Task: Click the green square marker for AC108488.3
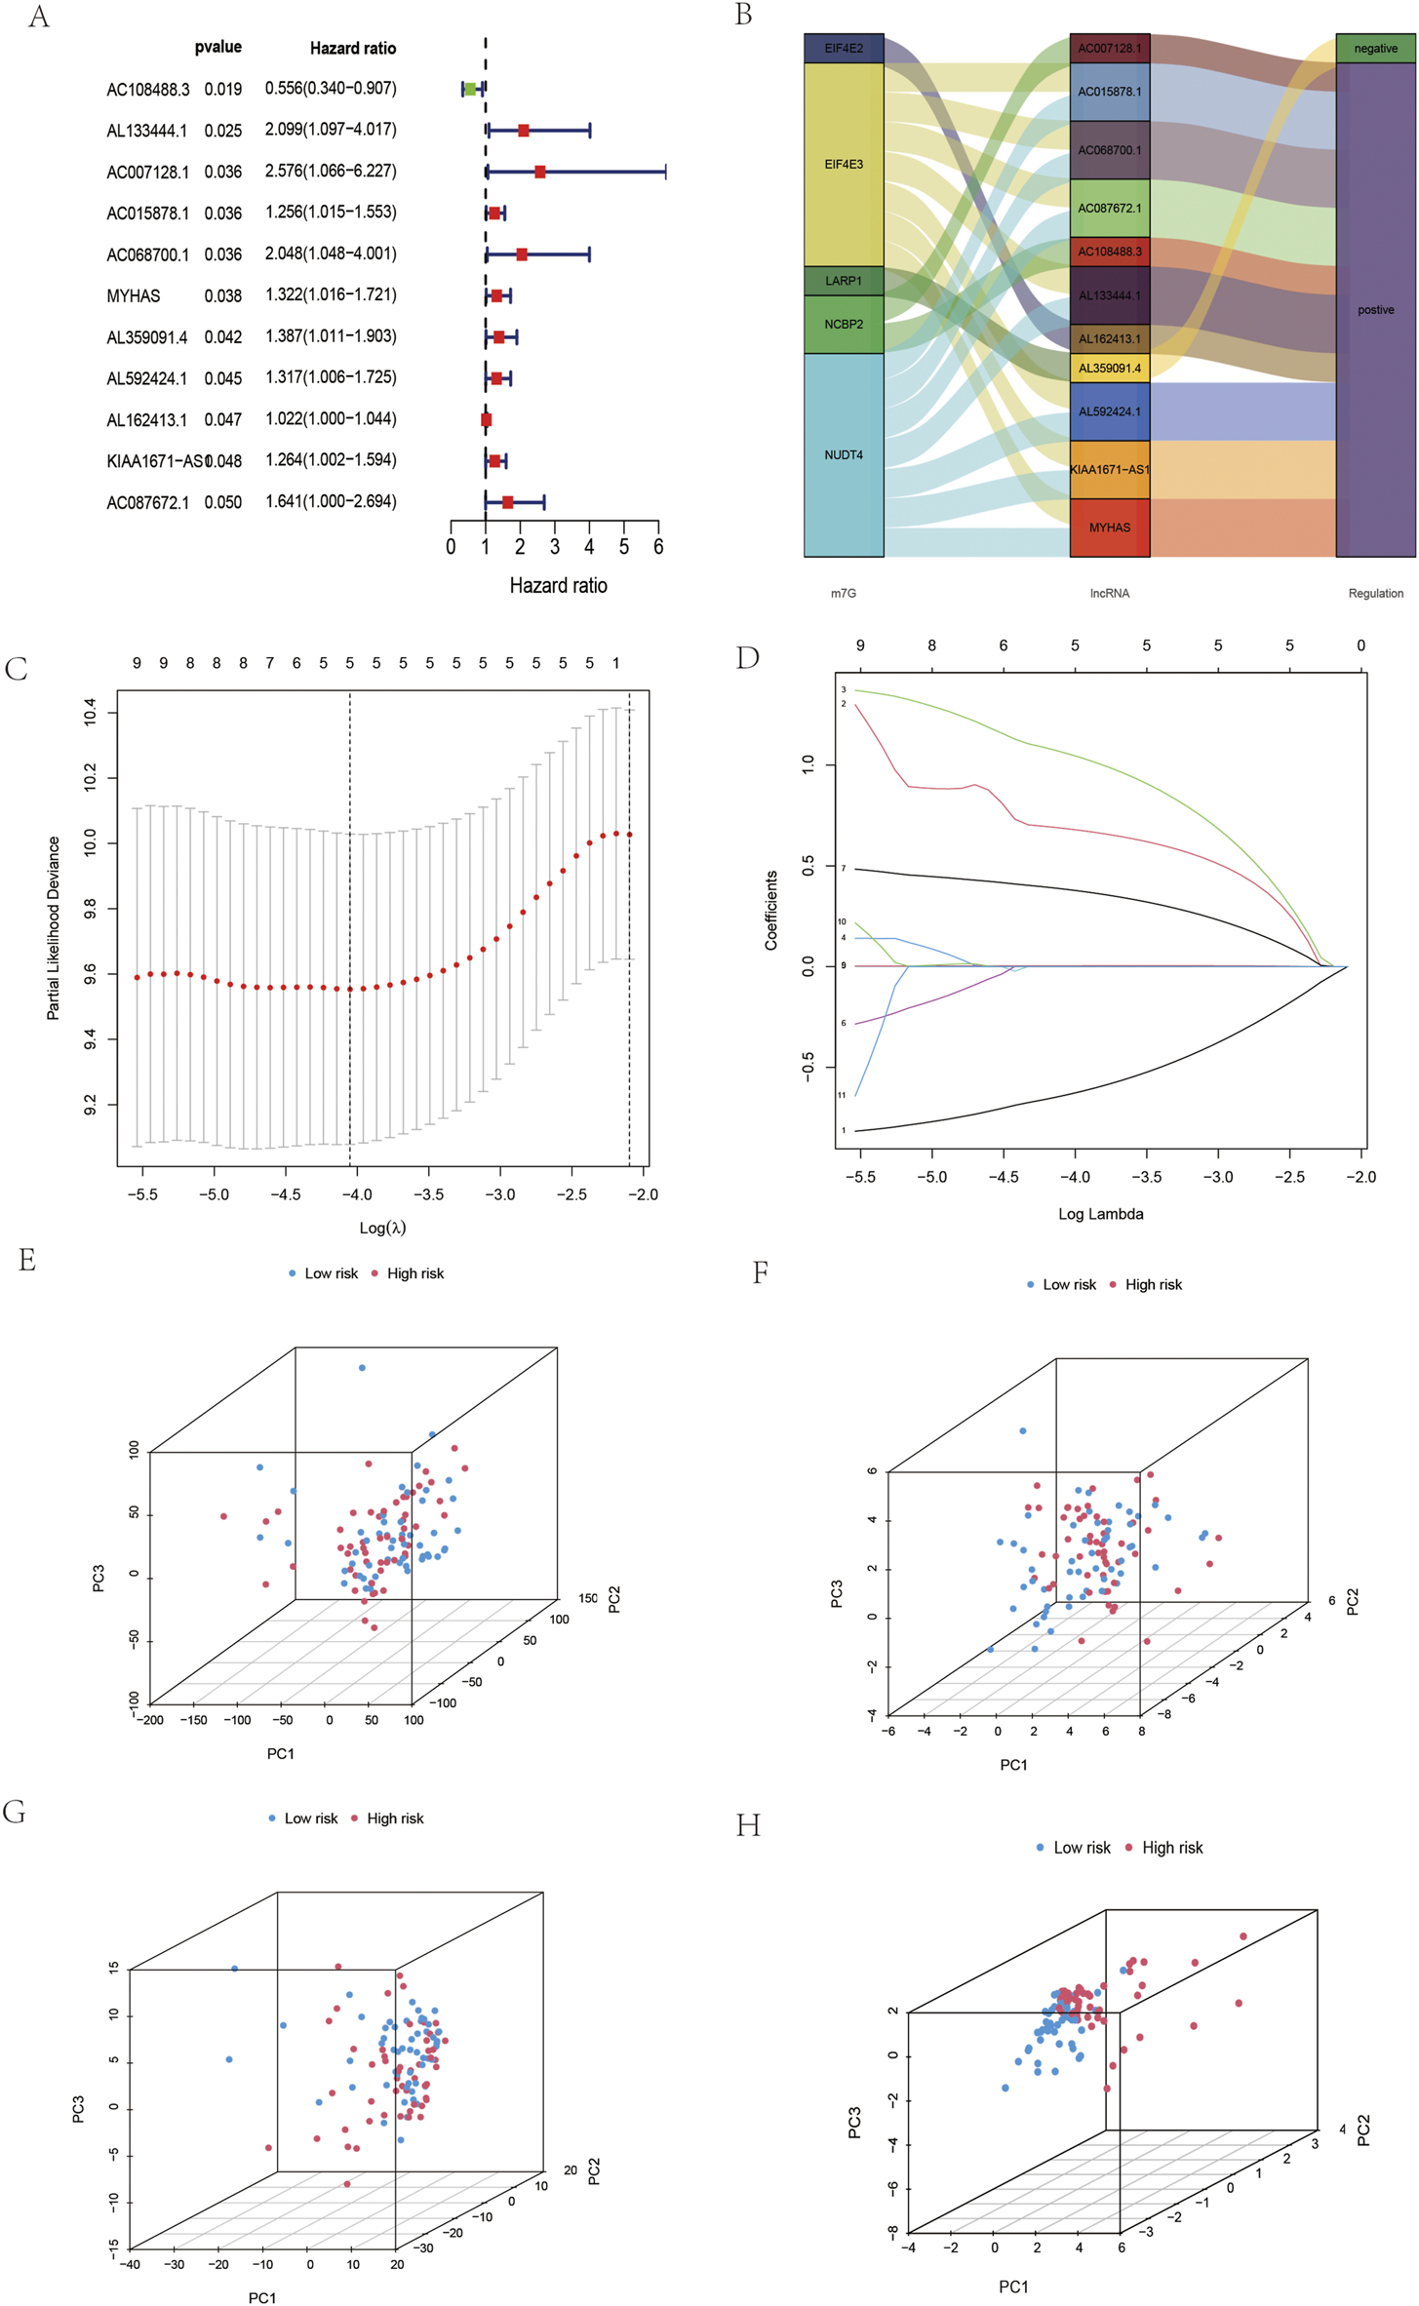469,89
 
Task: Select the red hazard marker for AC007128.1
539,172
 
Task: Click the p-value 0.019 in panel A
223,89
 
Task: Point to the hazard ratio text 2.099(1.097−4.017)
331,130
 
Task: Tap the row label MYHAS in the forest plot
134,295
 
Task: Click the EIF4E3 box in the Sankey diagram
844,164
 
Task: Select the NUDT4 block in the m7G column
844,454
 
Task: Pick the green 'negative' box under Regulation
1375,48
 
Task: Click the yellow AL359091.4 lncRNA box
1109,368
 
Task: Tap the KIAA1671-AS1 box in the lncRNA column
1109,469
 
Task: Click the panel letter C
16,669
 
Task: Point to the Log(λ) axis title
382,1228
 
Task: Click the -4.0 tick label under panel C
357,1194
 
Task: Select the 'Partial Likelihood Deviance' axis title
54,928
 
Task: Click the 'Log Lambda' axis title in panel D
1100,1214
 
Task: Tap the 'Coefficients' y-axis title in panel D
771,910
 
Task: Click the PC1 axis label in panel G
262,2298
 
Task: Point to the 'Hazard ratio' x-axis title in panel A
558,585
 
